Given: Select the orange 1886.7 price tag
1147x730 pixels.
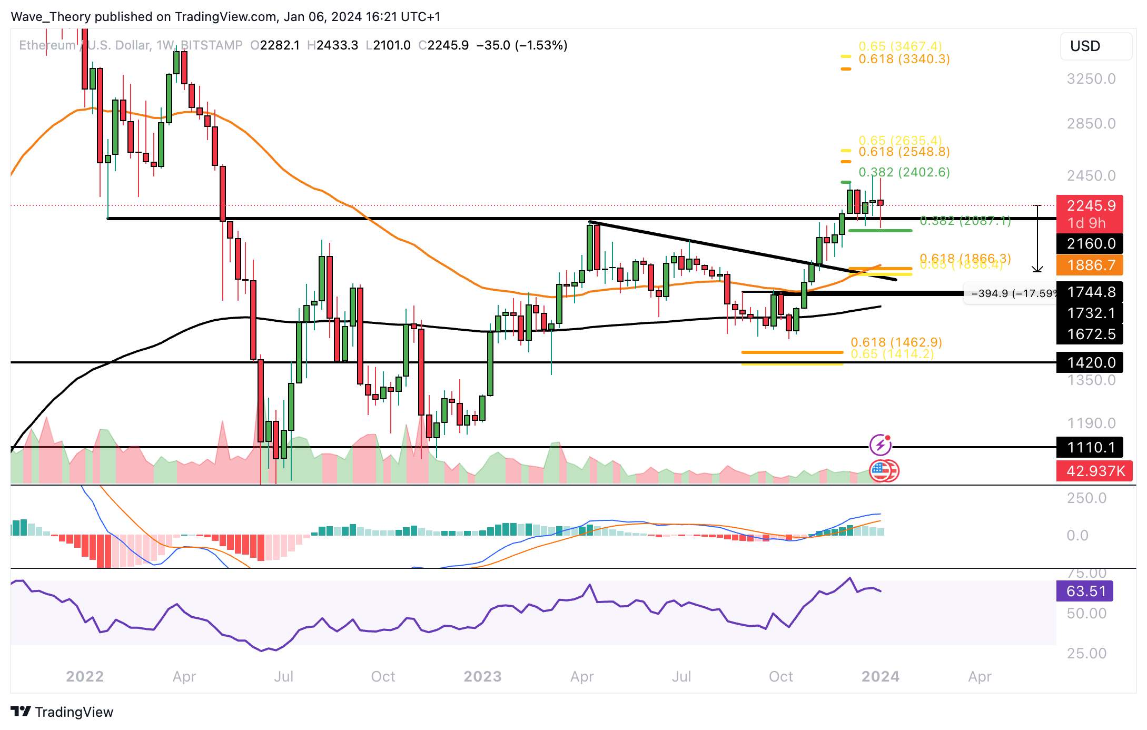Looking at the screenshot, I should (x=1090, y=265).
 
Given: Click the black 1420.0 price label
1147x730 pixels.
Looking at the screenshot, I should (x=1090, y=362).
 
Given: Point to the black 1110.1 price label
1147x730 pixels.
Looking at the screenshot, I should (x=1090, y=447).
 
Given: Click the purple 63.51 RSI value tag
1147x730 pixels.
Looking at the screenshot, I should (x=1085, y=591).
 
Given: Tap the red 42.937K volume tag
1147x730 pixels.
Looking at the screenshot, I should (x=1094, y=471).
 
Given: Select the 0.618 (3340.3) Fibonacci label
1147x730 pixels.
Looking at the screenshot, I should (x=904, y=59).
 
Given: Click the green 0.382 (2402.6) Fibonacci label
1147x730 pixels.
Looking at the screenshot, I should (x=904, y=172).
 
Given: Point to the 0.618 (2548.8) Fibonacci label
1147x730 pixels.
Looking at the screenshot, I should (x=904, y=152).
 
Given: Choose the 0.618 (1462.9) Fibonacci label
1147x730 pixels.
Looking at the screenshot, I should (x=896, y=342).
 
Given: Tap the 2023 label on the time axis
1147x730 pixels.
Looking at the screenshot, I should (x=482, y=676).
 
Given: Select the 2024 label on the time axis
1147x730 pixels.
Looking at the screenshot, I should (x=880, y=676).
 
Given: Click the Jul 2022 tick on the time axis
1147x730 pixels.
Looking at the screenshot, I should (x=283, y=676).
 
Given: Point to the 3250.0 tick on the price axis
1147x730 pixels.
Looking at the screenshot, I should (x=1091, y=79).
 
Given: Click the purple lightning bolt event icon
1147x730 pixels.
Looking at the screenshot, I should (x=880, y=446).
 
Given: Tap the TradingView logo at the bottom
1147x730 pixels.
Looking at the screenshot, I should (x=62, y=712).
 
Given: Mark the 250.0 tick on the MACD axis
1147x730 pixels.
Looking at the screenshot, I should (x=1086, y=498).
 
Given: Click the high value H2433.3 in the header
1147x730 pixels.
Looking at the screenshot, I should (x=333, y=45).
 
